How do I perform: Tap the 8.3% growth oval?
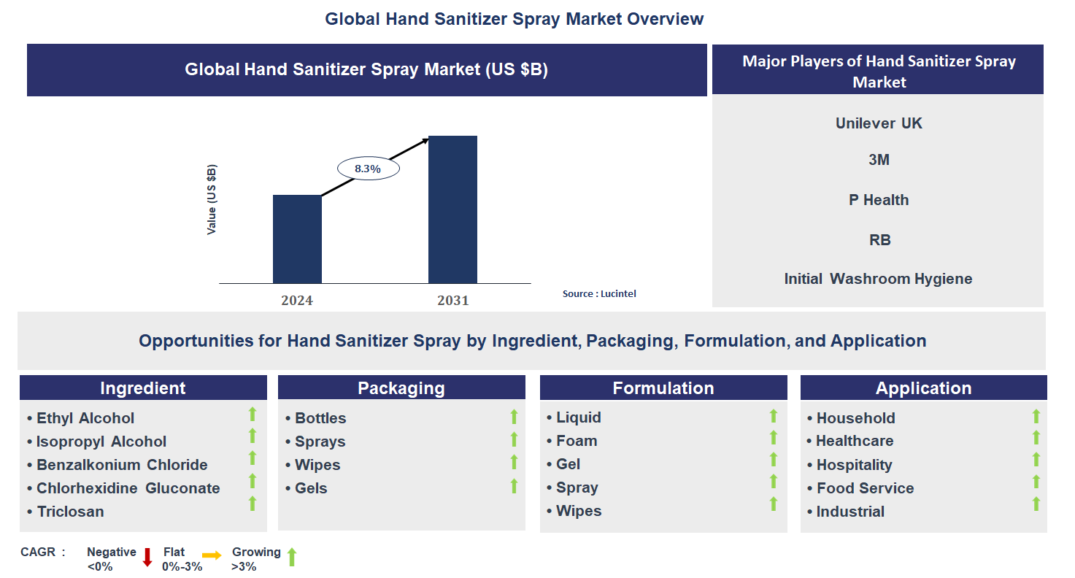[x=368, y=169]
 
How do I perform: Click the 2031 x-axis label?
[x=452, y=300]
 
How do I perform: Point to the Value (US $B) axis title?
[x=212, y=199]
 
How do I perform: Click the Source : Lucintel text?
[x=599, y=293]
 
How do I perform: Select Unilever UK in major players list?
[x=879, y=123]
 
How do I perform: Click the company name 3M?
[x=879, y=160]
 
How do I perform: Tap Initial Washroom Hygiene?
[x=878, y=279]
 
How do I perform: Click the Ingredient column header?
[x=143, y=388]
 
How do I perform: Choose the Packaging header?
[x=401, y=388]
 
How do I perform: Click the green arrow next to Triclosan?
[x=253, y=504]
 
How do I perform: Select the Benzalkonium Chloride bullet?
[x=122, y=465]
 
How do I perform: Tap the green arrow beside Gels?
[x=514, y=486]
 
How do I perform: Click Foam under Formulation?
[x=577, y=441]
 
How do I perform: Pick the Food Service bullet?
[x=865, y=488]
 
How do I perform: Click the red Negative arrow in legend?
[x=147, y=558]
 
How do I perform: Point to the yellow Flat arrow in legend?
[x=212, y=556]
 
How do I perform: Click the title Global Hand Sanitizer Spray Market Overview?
[x=515, y=19]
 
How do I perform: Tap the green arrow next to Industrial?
[x=1036, y=504]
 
